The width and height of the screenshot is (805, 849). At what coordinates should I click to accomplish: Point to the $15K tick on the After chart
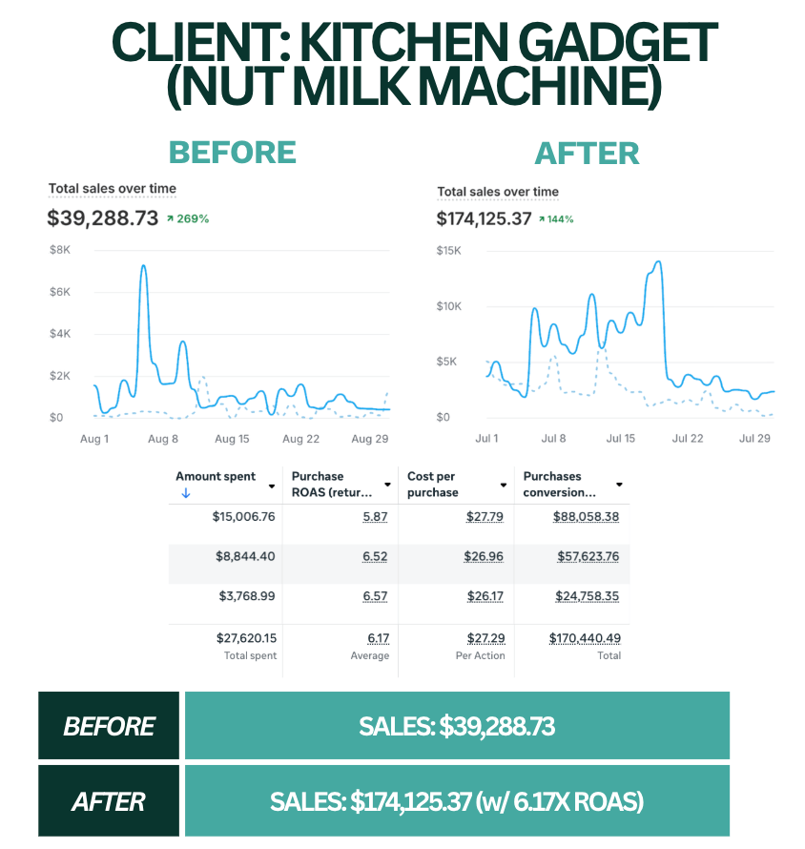[449, 251]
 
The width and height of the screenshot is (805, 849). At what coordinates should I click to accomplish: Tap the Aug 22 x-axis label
[300, 439]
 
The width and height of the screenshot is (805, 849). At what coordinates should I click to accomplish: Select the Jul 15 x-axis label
[621, 439]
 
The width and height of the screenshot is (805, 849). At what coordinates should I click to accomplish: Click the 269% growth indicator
[188, 218]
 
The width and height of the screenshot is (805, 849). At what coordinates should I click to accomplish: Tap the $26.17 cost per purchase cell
[485, 596]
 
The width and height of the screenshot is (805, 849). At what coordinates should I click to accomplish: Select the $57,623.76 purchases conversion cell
[586, 556]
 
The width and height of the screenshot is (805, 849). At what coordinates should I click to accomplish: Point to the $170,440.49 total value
[585, 638]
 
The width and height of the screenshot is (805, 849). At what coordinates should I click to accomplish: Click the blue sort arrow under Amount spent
[186, 493]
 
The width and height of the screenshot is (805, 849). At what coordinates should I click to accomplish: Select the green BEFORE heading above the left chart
[232, 153]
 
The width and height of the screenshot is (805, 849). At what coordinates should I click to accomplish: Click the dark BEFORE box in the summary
[109, 726]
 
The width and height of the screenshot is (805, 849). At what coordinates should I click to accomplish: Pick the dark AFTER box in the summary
[109, 801]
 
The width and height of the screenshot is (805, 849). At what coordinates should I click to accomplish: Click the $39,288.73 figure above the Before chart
[102, 218]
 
